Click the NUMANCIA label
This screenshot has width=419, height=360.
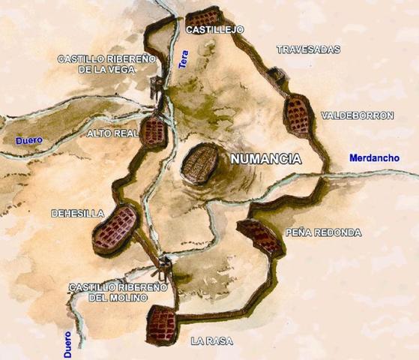coord(265,160)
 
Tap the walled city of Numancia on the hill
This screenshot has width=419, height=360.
coord(199,163)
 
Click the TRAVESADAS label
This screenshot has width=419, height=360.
coord(308,49)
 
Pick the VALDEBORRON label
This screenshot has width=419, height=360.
coord(357,116)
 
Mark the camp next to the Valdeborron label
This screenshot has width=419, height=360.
coord(298,115)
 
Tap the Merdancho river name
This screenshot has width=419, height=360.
coord(374,157)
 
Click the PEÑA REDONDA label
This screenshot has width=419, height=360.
coord(323,233)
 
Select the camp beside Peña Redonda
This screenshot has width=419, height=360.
coord(259,236)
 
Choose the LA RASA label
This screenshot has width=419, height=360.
coord(211,341)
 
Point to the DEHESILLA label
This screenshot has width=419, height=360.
coord(77,214)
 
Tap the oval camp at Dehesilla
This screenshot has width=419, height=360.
coord(115,229)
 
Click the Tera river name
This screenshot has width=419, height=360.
coord(183,60)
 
